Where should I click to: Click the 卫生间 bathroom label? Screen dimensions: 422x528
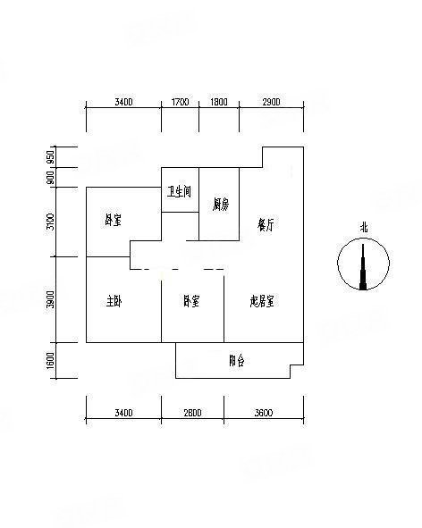(180, 191)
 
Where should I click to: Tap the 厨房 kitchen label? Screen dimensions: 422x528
(221, 204)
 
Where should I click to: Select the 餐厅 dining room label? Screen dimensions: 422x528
(266, 224)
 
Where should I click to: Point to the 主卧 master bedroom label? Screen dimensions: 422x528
(114, 301)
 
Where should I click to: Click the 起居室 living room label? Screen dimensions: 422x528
(262, 301)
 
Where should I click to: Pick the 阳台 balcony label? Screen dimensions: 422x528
(236, 361)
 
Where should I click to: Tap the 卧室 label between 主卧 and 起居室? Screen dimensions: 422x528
(191, 301)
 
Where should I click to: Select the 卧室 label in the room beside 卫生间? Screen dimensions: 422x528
(113, 220)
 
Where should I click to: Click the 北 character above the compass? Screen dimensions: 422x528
(363, 228)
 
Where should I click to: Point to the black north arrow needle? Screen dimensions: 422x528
(363, 267)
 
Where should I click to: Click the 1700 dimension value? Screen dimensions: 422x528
(181, 102)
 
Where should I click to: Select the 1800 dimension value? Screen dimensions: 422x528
(219, 102)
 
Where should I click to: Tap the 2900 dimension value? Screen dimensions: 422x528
(271, 102)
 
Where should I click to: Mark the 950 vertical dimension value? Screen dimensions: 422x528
(50, 157)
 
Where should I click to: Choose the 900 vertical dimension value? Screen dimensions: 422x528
(50, 178)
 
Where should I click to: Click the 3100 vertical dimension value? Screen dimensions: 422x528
(50, 222)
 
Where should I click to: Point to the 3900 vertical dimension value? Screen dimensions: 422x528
(50, 299)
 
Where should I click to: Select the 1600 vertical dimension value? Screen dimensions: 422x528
(50, 361)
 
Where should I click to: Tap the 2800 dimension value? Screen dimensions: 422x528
(192, 413)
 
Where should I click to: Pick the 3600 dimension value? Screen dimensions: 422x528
(264, 413)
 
